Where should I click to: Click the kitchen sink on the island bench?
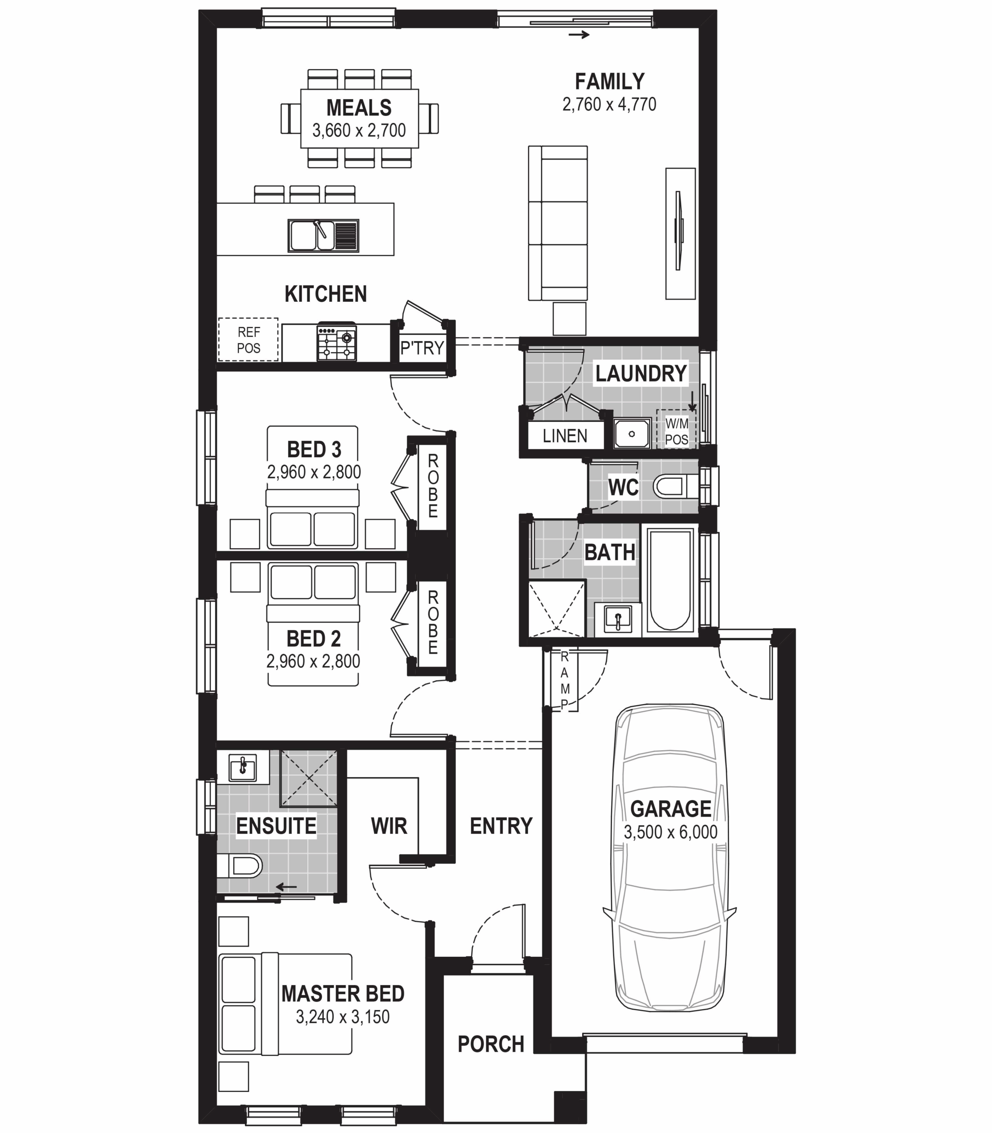pos(323,235)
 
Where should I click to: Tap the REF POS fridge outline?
pos(249,340)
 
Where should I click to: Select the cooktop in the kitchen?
pos(336,343)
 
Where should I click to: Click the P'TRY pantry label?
pos(422,347)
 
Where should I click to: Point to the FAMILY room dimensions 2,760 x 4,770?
pos(609,104)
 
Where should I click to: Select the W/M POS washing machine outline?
pos(676,431)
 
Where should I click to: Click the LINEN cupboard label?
pos(565,435)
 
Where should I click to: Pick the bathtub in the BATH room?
pos(670,579)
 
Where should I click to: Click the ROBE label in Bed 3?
pos(433,486)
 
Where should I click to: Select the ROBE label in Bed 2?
pos(433,621)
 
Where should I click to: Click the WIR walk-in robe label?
pos(389,826)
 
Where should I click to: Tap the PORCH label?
pos(490,1044)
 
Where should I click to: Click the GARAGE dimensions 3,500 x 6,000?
pos(670,832)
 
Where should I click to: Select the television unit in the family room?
pos(680,234)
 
